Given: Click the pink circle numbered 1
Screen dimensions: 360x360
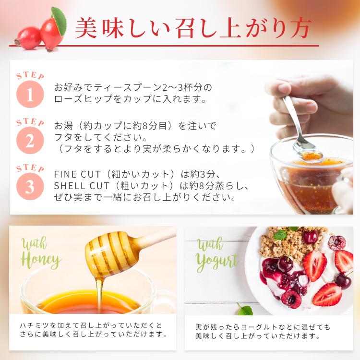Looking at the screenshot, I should pyautogui.click(x=30, y=94).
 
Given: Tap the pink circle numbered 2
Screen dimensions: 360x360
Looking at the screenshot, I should pyautogui.click(x=30, y=140).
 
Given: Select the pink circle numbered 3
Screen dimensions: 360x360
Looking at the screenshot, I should pyautogui.click(x=30, y=186).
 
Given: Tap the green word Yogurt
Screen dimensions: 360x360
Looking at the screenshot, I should pyautogui.click(x=217, y=260).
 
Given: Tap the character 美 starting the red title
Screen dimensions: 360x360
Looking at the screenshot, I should pyautogui.click(x=87, y=28).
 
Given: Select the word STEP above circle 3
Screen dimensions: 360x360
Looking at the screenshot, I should pyautogui.click(x=30, y=169).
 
